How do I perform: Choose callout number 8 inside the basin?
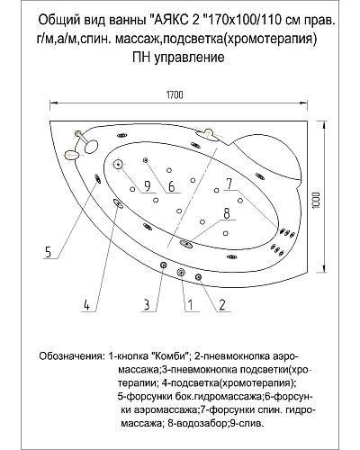tap(227, 213)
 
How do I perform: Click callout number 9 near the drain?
tap(145, 187)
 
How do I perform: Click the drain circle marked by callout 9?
tap(119, 164)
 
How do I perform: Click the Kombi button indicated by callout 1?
tap(182, 272)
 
